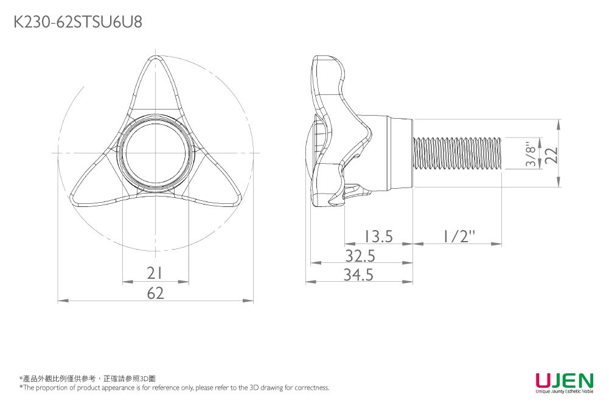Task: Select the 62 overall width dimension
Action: [x=156, y=294]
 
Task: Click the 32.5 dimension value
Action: [x=360, y=256]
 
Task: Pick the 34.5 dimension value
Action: [x=358, y=275]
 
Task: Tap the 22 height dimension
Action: [x=551, y=155]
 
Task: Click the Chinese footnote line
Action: [x=88, y=379]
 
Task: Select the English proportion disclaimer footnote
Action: [x=175, y=388]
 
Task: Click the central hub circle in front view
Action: [x=155, y=153]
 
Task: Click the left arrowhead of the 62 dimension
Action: [x=61, y=301]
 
